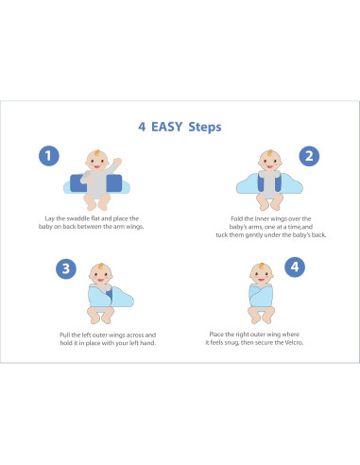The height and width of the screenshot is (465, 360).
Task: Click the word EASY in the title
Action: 167,127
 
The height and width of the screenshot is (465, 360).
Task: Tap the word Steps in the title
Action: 205,128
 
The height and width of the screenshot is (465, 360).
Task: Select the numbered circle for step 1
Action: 49,156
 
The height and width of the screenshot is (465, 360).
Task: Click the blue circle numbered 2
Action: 309,156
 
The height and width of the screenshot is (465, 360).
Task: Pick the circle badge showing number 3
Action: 66,268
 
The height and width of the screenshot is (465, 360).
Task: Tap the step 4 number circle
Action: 295,267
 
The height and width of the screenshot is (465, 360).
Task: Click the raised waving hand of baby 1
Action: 117,162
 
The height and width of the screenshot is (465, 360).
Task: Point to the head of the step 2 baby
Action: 269,161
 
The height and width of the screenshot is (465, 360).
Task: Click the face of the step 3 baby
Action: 101,276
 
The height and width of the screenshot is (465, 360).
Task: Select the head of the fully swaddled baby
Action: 262,273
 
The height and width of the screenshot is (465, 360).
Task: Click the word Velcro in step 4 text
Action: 294,342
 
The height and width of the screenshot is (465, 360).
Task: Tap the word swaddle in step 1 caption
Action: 77,218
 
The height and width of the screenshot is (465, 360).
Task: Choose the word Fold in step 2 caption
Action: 236,218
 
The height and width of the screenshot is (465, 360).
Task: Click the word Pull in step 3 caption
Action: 64,335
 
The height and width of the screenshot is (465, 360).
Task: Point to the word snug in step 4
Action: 231,343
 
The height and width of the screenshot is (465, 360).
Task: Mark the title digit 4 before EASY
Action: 142,127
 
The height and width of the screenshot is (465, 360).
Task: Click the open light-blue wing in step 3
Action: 122,297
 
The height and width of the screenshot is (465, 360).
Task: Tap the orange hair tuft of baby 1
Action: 96,153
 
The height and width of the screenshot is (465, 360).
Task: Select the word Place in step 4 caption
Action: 216,335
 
